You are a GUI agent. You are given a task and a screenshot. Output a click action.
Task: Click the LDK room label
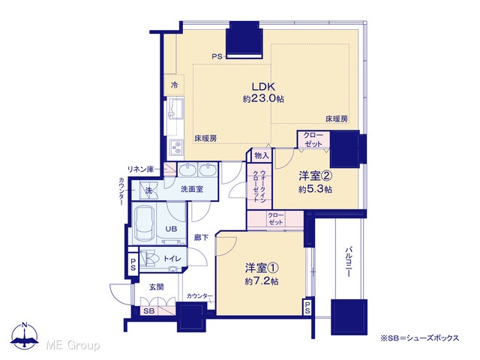click(263, 87)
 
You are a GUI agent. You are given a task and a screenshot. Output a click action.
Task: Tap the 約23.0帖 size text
click(263, 99)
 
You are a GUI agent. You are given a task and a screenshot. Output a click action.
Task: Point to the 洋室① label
click(262, 268)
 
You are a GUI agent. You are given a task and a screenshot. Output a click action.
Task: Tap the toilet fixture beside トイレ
click(149, 258)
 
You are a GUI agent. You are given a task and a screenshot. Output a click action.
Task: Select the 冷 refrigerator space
click(174, 85)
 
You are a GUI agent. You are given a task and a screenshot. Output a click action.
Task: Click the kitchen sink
click(175, 109)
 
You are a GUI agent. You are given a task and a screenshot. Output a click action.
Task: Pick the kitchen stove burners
click(175, 148)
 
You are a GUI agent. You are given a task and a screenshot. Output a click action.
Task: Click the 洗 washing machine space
click(148, 190)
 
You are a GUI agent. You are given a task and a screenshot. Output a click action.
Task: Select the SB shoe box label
click(149, 311)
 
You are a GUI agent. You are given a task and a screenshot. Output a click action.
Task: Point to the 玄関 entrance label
click(157, 287)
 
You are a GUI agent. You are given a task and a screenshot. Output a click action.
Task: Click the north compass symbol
click(25, 335)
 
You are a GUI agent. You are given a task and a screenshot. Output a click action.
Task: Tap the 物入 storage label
click(262, 156)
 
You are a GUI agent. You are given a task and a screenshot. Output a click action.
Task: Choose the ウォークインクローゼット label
click(259, 187)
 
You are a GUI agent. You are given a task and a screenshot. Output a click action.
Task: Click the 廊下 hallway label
click(202, 237)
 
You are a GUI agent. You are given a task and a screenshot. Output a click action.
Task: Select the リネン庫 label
click(140, 169)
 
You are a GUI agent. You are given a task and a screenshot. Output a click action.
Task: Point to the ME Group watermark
click(73, 345)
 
